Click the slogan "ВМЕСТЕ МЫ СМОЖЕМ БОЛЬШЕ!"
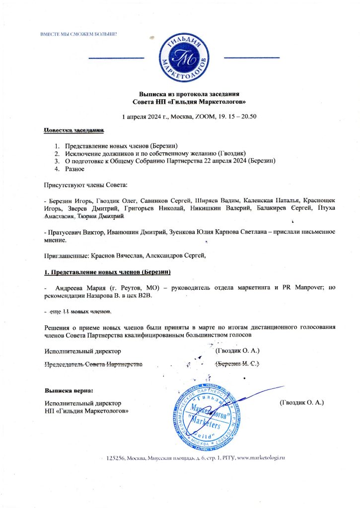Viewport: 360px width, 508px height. tap(78, 34)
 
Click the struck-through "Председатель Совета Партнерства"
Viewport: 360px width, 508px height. tap(93, 364)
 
